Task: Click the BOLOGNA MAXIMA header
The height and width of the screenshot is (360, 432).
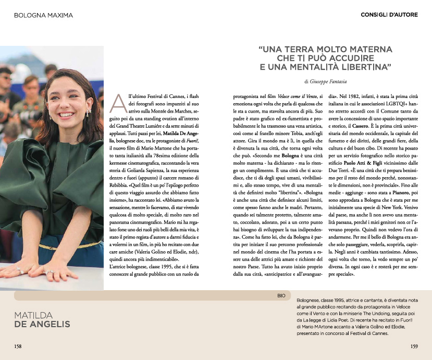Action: point(43,15)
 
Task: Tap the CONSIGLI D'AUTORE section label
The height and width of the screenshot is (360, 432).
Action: point(389,15)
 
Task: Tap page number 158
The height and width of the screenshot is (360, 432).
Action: point(18,346)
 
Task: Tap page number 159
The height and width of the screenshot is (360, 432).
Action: point(414,346)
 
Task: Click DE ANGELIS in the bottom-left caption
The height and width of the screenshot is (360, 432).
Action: point(42,325)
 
